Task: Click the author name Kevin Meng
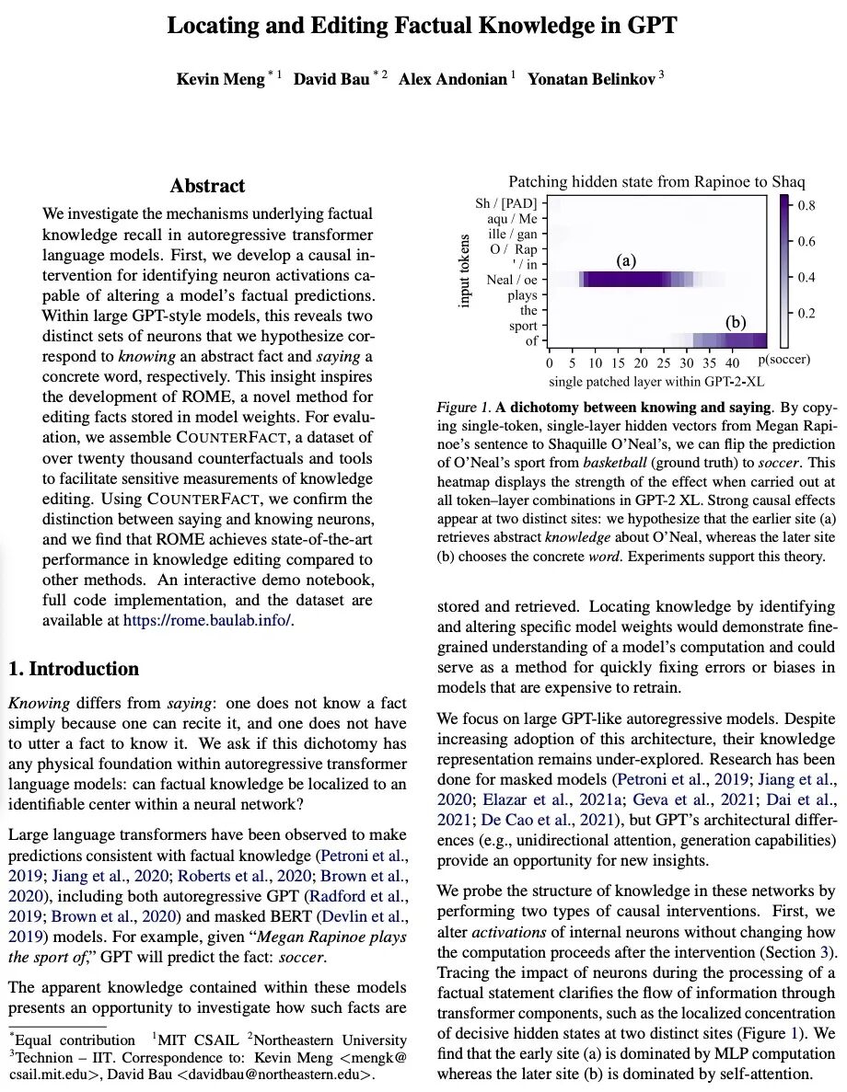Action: [x=219, y=79]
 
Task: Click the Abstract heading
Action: [x=207, y=187]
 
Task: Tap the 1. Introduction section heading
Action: [x=74, y=669]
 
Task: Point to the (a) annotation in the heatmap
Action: [x=626, y=261]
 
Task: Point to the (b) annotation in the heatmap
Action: [x=735, y=323]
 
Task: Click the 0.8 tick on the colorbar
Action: [x=806, y=205]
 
